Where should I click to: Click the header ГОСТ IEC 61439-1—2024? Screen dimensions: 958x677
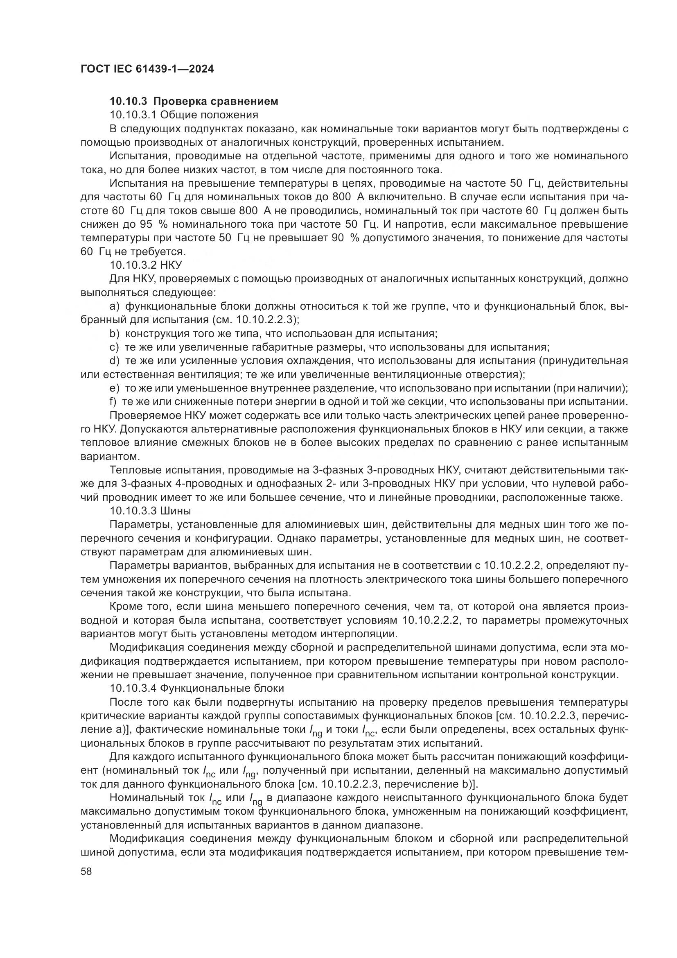click(147, 69)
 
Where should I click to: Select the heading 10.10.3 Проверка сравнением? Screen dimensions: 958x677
click(194, 101)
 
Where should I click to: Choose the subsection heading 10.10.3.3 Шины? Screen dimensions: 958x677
click(150, 510)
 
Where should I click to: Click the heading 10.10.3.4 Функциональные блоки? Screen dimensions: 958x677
click(197, 688)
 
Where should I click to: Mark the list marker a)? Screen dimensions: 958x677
click(115, 306)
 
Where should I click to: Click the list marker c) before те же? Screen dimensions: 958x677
click(115, 347)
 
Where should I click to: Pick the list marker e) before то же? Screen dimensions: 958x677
click(115, 388)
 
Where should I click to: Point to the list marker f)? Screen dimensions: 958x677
click(113, 402)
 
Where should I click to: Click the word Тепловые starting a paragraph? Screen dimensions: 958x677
click(134, 470)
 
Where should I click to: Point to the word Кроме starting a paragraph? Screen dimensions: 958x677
click(126, 606)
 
